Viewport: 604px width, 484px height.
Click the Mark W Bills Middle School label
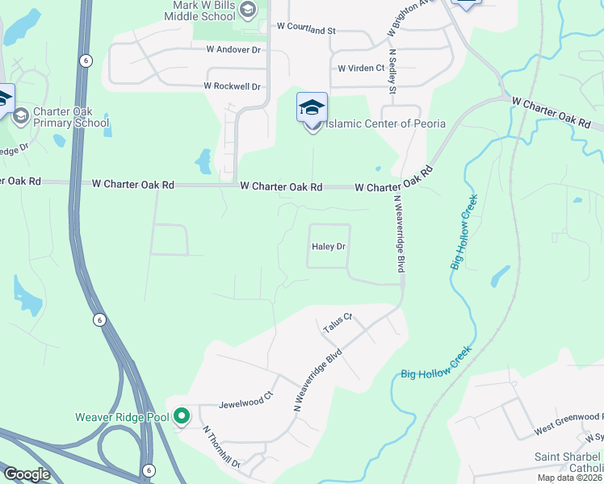pyautogui.click(x=205, y=10)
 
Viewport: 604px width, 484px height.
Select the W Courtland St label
pyautogui.click(x=305, y=29)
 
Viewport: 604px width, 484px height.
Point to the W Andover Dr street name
pyautogui.click(x=234, y=50)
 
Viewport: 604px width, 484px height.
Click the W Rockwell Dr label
pyautogui.click(x=233, y=86)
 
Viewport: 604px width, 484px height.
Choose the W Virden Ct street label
pyautogui.click(x=361, y=69)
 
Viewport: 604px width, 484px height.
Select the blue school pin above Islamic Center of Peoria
pyautogui.click(x=312, y=106)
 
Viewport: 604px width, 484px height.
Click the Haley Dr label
pyautogui.click(x=329, y=247)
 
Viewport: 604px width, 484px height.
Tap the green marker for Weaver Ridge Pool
pyautogui.click(x=182, y=416)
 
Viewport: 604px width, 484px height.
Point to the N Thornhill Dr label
pyautogui.click(x=221, y=447)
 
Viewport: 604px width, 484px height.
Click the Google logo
pyautogui.click(x=26, y=474)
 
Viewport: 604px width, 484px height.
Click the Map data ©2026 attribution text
pyautogui.click(x=569, y=478)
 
